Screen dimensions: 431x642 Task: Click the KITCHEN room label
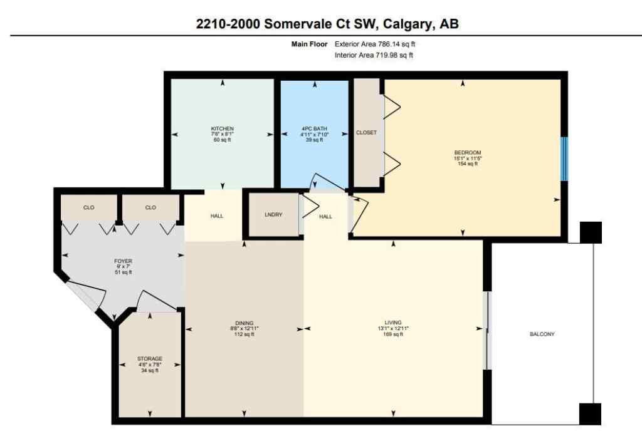[x=222, y=128]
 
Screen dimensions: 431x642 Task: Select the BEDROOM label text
[x=467, y=152]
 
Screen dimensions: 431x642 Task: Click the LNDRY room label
[x=273, y=215]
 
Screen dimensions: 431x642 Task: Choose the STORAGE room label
[x=150, y=359]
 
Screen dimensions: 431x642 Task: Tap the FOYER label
[x=124, y=261]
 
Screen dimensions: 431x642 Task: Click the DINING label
[x=245, y=322]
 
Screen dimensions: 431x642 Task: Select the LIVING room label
[x=393, y=322]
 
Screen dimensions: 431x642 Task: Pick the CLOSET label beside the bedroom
[x=366, y=133]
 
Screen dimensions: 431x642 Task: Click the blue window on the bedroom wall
[x=564, y=159]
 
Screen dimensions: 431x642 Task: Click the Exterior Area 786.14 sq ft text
[x=374, y=44]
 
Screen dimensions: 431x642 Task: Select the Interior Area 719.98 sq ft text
[x=374, y=56]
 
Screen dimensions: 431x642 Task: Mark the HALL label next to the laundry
[x=325, y=216]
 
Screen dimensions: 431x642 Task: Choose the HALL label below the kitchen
[x=216, y=216]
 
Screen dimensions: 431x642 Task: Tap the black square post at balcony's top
[x=591, y=232]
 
